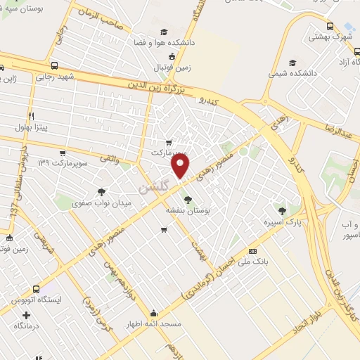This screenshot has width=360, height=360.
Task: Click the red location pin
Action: pos(181,166)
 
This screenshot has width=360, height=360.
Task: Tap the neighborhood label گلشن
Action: pos(155,188)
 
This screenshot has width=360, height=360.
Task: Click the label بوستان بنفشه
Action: pos(187,210)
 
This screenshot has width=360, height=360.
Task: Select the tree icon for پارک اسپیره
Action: pos(282,210)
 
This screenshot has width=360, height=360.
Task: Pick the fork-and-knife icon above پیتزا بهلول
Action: pos(30,116)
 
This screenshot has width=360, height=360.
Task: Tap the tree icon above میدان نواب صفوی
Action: pos(103,191)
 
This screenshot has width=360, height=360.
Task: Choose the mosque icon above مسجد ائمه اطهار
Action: pos(154,313)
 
